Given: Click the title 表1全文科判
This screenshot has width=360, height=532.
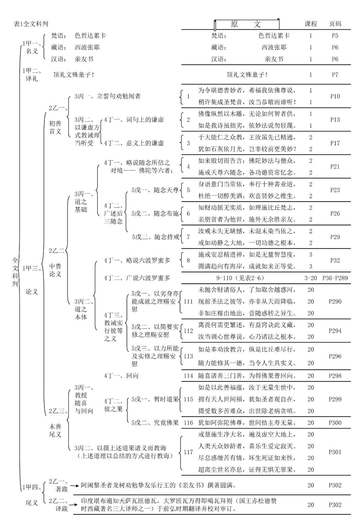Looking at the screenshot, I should pyautogui.click(x=31, y=24).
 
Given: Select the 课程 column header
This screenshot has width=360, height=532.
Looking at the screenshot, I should pyautogui.click(x=311, y=24).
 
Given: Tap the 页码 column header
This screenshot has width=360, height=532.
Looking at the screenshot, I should pyautogui.click(x=335, y=24).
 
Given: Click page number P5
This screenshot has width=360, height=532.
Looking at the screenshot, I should pyautogui.click(x=335, y=36).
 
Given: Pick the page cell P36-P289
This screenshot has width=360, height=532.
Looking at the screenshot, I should pyautogui.click(x=335, y=278).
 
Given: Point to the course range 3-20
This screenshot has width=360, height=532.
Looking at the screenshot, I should pyautogui.click(x=311, y=278).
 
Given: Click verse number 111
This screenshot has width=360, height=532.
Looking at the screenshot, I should pyautogui.click(x=188, y=301).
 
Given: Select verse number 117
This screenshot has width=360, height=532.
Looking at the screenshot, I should pyautogui.click(x=188, y=452).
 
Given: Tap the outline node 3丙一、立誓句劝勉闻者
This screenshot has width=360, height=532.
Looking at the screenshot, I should pyautogui.click(x=107, y=96).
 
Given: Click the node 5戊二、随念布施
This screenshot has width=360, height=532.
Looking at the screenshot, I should pyautogui.click(x=155, y=214).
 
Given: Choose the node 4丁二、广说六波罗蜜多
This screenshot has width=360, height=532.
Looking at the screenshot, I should pyautogui.click(x=137, y=278).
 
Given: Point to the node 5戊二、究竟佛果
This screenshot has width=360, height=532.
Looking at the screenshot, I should pyautogui.click(x=155, y=423).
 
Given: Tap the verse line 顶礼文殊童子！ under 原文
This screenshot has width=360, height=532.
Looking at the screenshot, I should pyautogui.click(x=247, y=75).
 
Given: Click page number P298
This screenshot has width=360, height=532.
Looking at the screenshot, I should pyautogui.click(x=335, y=376).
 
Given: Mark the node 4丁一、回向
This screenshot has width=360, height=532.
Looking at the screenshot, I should pyautogui.click(x=121, y=376).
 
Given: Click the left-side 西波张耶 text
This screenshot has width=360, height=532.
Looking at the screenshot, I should pyautogui.click(x=87, y=47).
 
